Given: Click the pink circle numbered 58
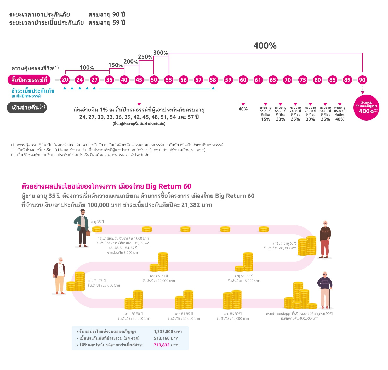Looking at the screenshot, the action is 213,80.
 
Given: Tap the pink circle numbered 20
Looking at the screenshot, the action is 65,80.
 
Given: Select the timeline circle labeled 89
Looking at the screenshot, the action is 347,80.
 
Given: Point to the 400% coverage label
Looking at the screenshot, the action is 265,45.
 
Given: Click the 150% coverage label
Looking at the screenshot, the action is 116,65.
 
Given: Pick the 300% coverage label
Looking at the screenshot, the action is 161,53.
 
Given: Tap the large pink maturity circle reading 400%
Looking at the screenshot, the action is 366,107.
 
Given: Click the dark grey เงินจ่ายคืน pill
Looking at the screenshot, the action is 27,107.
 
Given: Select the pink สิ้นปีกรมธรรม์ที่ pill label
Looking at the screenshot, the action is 29,80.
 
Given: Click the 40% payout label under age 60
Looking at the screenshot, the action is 243,109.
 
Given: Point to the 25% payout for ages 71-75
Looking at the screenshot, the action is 295,119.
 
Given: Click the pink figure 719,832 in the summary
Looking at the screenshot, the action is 162,345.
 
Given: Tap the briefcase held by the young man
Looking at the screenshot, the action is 88,233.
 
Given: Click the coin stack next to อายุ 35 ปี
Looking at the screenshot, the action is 97,229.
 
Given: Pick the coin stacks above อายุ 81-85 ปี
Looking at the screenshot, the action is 184,299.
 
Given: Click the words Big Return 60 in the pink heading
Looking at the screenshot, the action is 168,186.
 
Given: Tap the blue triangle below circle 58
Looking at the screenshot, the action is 213,88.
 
